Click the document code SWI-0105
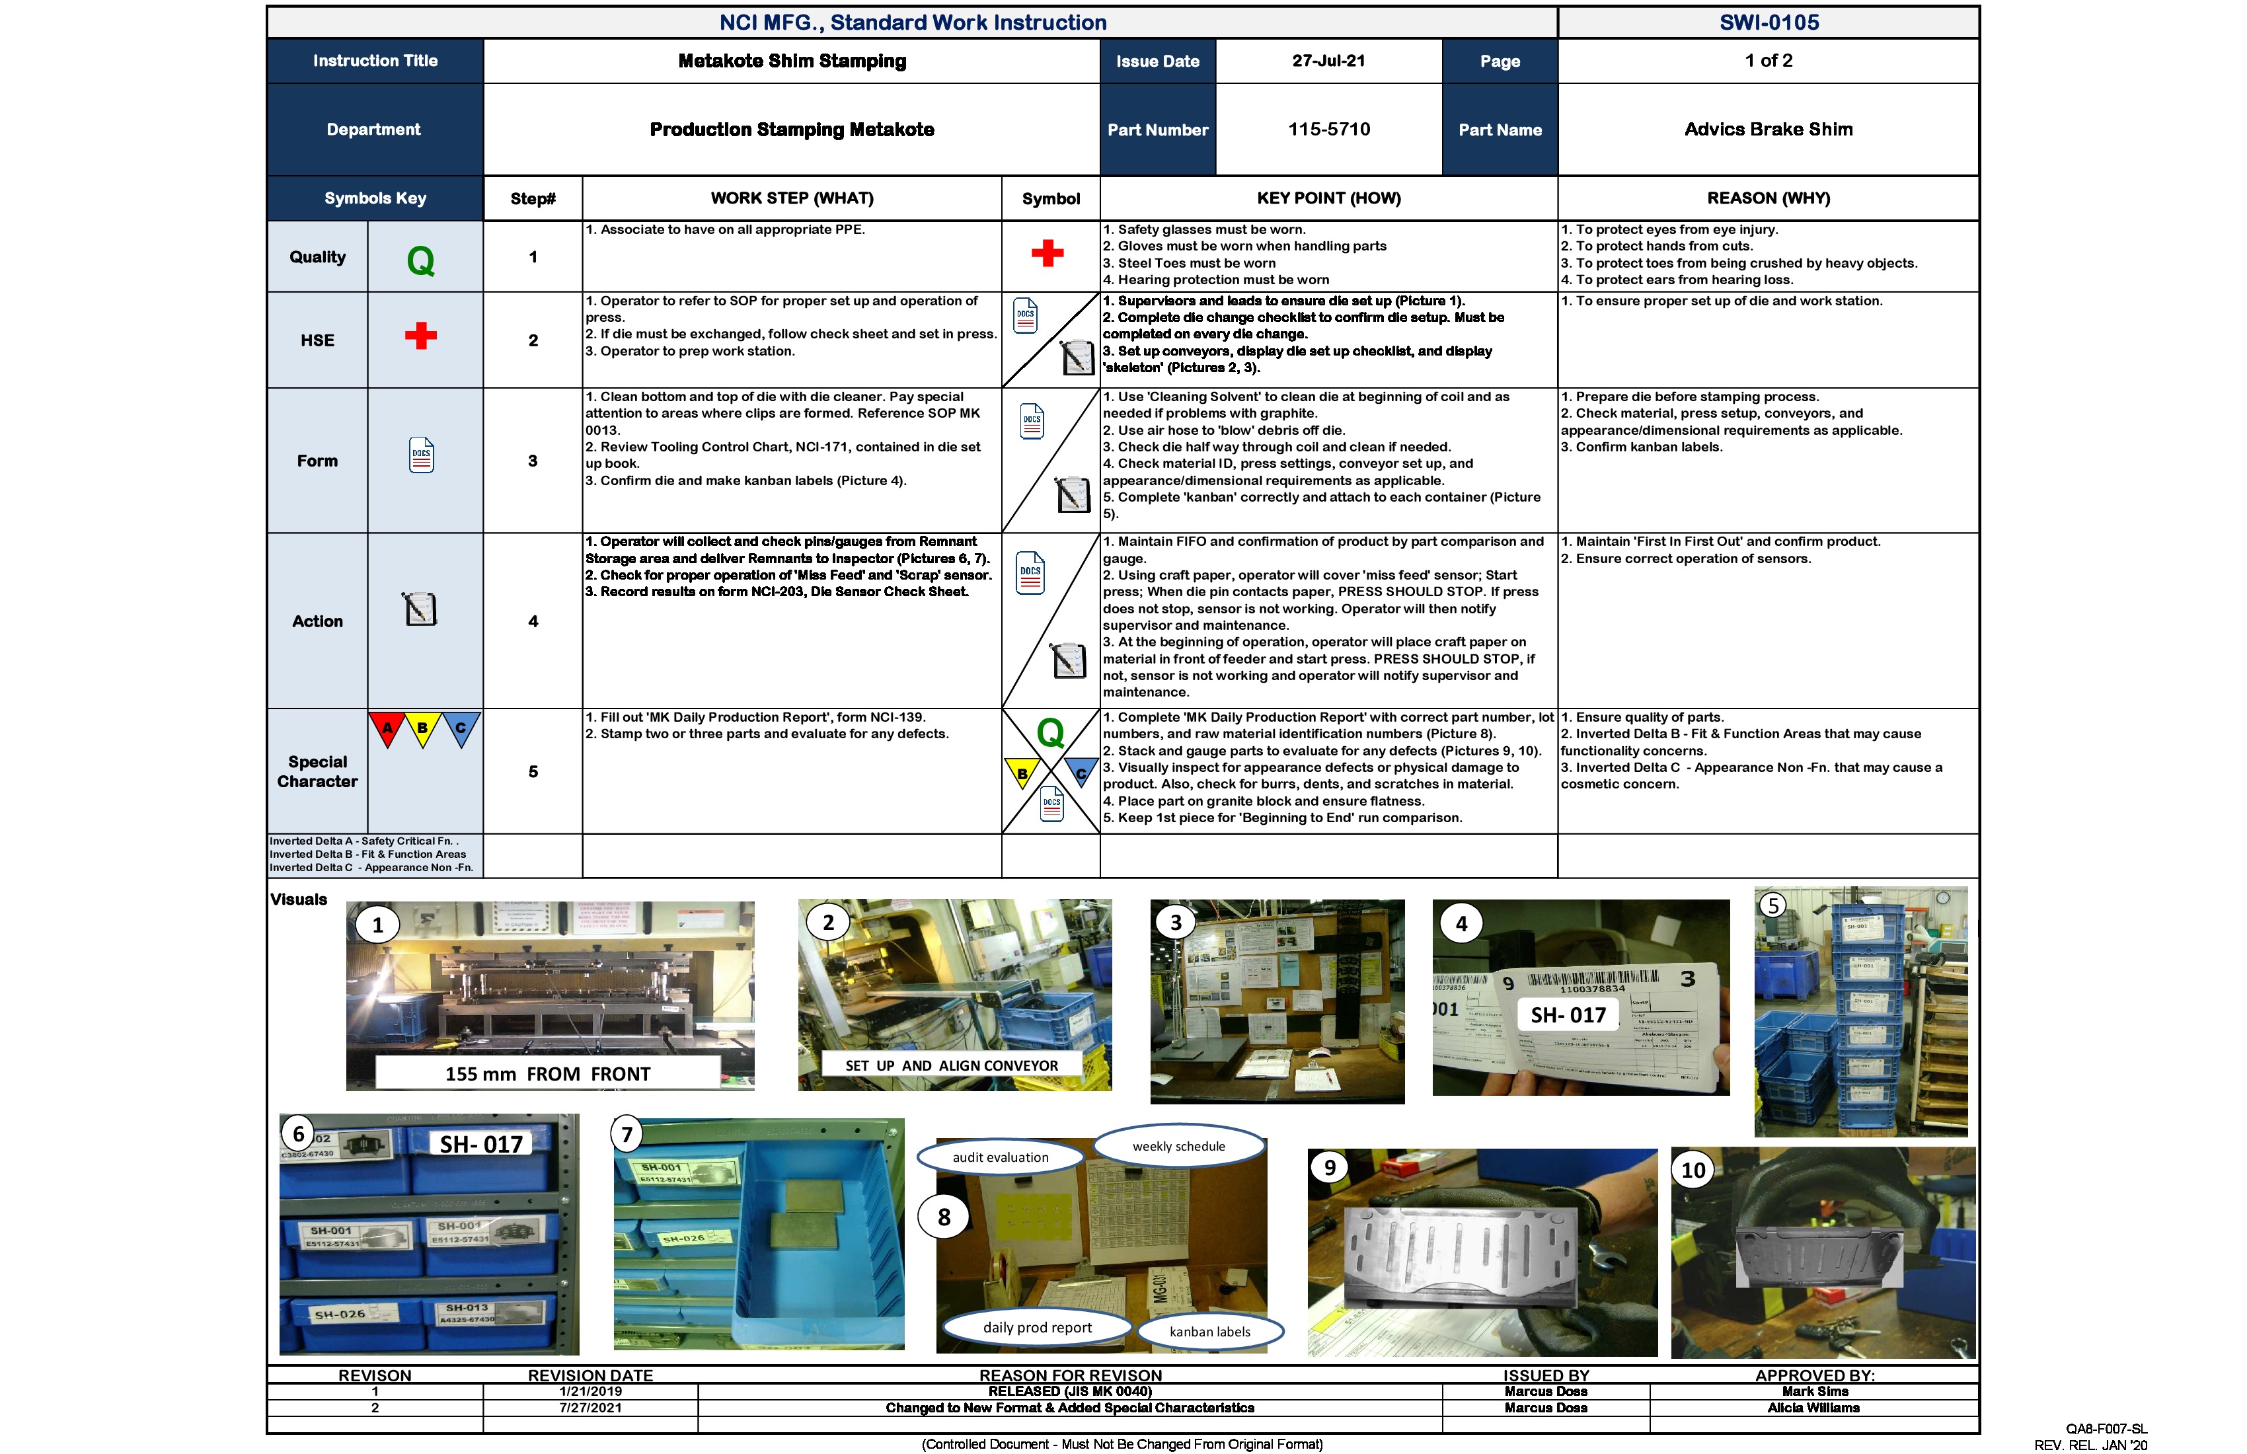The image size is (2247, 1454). pos(1769,22)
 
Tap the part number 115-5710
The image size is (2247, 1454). pos(1328,130)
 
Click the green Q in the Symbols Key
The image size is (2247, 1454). pos(421,260)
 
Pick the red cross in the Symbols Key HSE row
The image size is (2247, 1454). pos(421,336)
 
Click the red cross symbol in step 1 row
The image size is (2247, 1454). pos(1047,253)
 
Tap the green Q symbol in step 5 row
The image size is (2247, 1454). pos(1050,733)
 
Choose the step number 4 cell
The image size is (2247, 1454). pos(533,621)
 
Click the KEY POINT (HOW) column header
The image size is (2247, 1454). pos(1328,198)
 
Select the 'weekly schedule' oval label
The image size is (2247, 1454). pos(1178,1146)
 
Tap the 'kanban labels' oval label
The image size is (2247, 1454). pos(1209,1331)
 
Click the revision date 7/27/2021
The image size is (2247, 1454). pos(590,1408)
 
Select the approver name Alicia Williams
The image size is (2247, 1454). pos(1813,1408)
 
